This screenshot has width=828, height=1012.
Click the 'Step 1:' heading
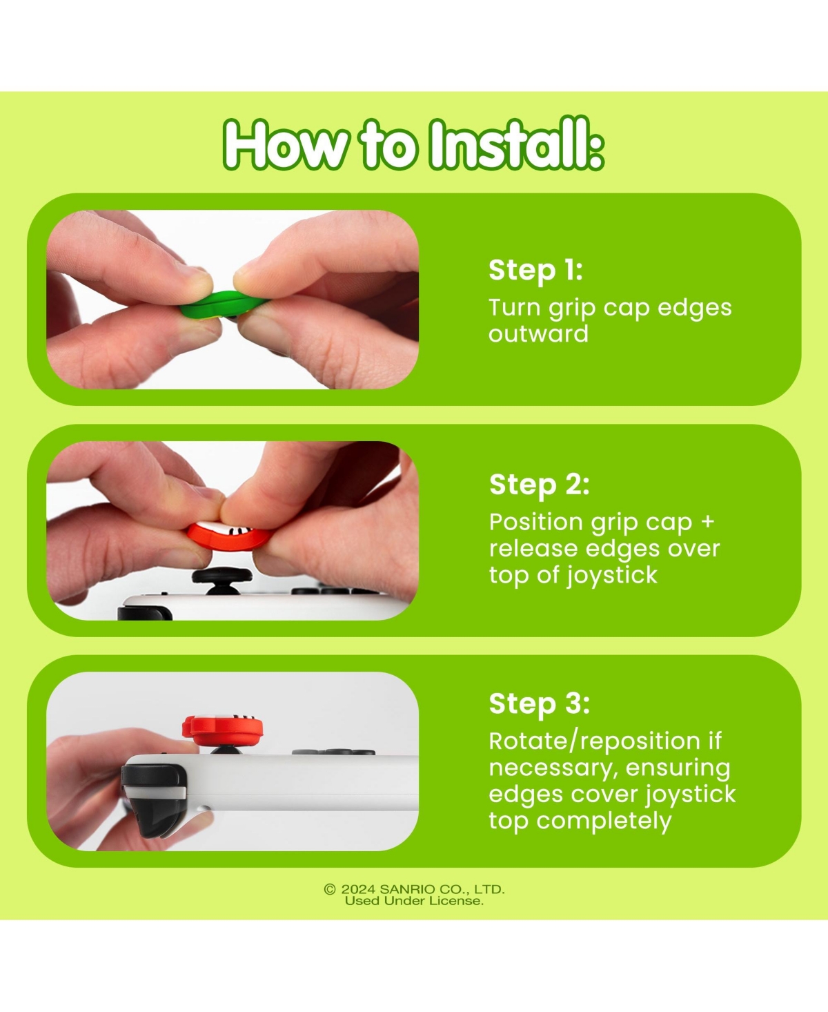535,271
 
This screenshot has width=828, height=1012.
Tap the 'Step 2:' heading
539,485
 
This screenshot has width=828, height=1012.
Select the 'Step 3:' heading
539,704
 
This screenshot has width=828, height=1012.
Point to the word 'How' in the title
284,145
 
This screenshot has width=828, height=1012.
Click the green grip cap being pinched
221,303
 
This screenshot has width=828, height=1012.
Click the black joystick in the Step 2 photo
222,579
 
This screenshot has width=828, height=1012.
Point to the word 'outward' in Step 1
538,333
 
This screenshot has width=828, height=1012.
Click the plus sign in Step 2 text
707,522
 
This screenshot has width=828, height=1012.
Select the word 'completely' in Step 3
604,821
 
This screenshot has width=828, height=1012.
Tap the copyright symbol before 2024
330,889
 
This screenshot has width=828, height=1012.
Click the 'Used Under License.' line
414,901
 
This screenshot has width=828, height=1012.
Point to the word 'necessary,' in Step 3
552,769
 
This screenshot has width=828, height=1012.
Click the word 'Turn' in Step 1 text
514,307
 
